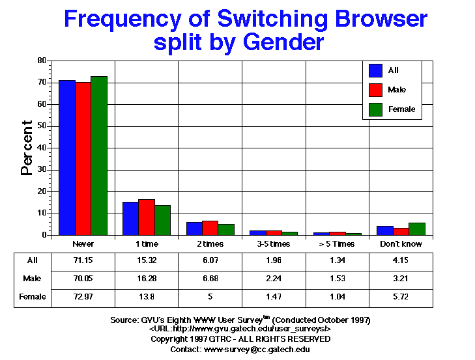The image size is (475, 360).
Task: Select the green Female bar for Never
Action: point(99,156)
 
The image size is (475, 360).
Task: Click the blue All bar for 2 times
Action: point(194,228)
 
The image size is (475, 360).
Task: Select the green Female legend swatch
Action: point(375,109)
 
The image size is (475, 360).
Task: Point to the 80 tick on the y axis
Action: point(42,61)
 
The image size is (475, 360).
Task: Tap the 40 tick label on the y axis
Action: point(42,148)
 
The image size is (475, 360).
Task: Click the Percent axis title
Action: point(27,148)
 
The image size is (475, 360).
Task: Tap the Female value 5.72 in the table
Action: point(401,296)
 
